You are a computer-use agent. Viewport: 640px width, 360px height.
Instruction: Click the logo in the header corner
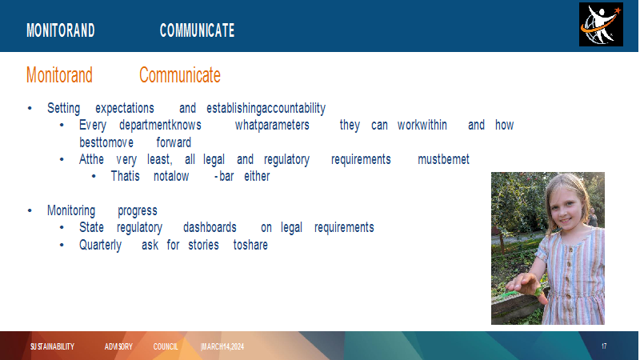[x=601, y=25]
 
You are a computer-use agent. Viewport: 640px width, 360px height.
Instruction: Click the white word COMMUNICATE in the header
[x=197, y=30]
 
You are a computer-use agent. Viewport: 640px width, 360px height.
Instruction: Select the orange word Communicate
[x=180, y=75]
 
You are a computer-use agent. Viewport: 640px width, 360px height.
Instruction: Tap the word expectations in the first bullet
[x=125, y=109]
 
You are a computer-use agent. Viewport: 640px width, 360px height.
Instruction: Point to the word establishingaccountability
[x=266, y=108]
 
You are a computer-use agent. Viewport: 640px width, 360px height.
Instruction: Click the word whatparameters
[x=272, y=125]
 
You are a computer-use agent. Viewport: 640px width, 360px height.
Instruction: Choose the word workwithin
[x=422, y=125]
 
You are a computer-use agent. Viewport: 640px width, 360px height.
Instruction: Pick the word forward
[x=174, y=142]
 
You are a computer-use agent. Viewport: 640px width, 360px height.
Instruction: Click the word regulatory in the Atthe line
[x=287, y=159]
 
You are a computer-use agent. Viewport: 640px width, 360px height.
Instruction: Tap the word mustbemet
[x=444, y=159]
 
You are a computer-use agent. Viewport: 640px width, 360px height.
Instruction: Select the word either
[x=257, y=176]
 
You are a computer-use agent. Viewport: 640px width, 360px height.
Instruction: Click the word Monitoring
[x=71, y=210]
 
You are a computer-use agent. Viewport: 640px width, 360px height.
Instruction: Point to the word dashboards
[x=210, y=227]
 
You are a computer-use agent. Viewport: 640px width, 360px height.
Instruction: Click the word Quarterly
[x=101, y=246]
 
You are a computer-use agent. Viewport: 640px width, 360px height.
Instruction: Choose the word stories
[x=204, y=245]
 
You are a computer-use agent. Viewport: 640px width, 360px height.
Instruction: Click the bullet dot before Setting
[x=30, y=108]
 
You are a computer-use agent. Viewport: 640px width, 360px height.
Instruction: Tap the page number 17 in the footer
[x=604, y=346]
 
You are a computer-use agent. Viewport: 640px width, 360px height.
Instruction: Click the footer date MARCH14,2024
[x=223, y=346]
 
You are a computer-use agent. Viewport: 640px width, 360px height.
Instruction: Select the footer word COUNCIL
[x=166, y=346]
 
